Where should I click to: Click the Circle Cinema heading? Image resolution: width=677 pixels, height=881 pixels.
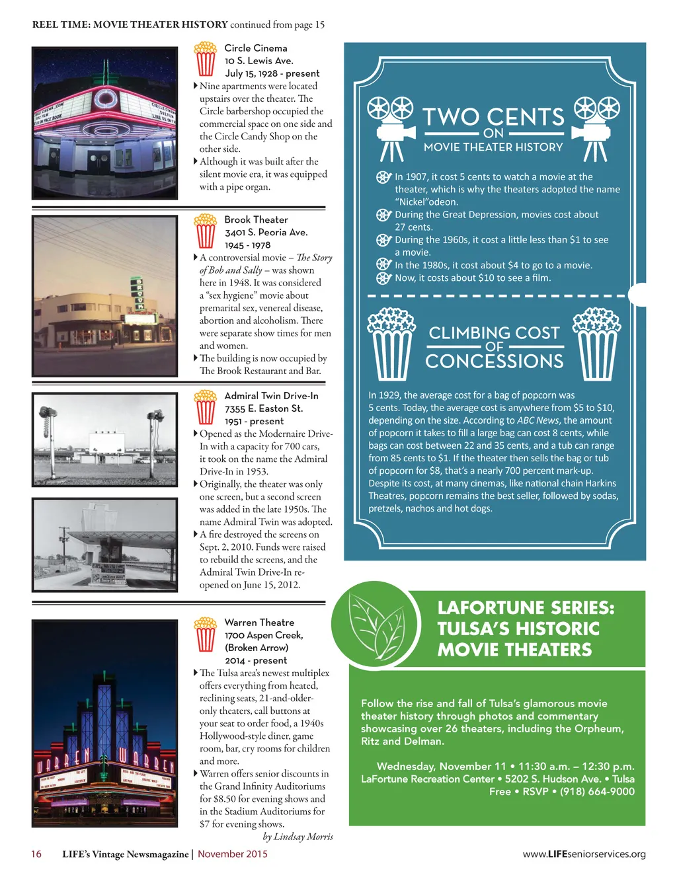pyautogui.click(x=255, y=48)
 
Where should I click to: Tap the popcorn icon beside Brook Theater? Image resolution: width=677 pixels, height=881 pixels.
pyautogui.click(x=206, y=231)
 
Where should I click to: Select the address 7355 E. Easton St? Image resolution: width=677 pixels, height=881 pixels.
pyautogui.click(x=263, y=408)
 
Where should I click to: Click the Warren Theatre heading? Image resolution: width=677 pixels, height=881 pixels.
pyautogui.click(x=259, y=623)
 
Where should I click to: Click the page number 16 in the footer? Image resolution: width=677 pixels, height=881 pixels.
pyautogui.click(x=36, y=854)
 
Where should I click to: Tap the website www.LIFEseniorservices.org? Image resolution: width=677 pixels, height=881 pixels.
pyautogui.click(x=584, y=854)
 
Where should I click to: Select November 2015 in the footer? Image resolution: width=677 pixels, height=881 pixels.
pyautogui.click(x=233, y=854)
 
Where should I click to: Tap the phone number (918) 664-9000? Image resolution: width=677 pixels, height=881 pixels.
pyautogui.click(x=597, y=792)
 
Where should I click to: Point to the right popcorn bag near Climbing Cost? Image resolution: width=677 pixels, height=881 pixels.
pyautogui.click(x=597, y=343)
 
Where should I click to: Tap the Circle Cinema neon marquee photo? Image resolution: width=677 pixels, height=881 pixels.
pyautogui.click(x=104, y=123)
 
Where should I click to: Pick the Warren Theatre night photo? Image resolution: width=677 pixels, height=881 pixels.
pyautogui.click(x=104, y=723)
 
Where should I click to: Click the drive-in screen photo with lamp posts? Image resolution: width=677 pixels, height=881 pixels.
pyautogui.click(x=104, y=440)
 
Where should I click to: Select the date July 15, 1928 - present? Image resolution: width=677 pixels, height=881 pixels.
pyautogui.click(x=272, y=73)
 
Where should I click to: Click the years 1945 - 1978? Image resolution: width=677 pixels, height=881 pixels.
pyautogui.click(x=247, y=245)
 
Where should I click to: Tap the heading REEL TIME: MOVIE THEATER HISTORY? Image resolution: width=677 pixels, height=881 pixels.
pyautogui.click(x=130, y=25)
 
